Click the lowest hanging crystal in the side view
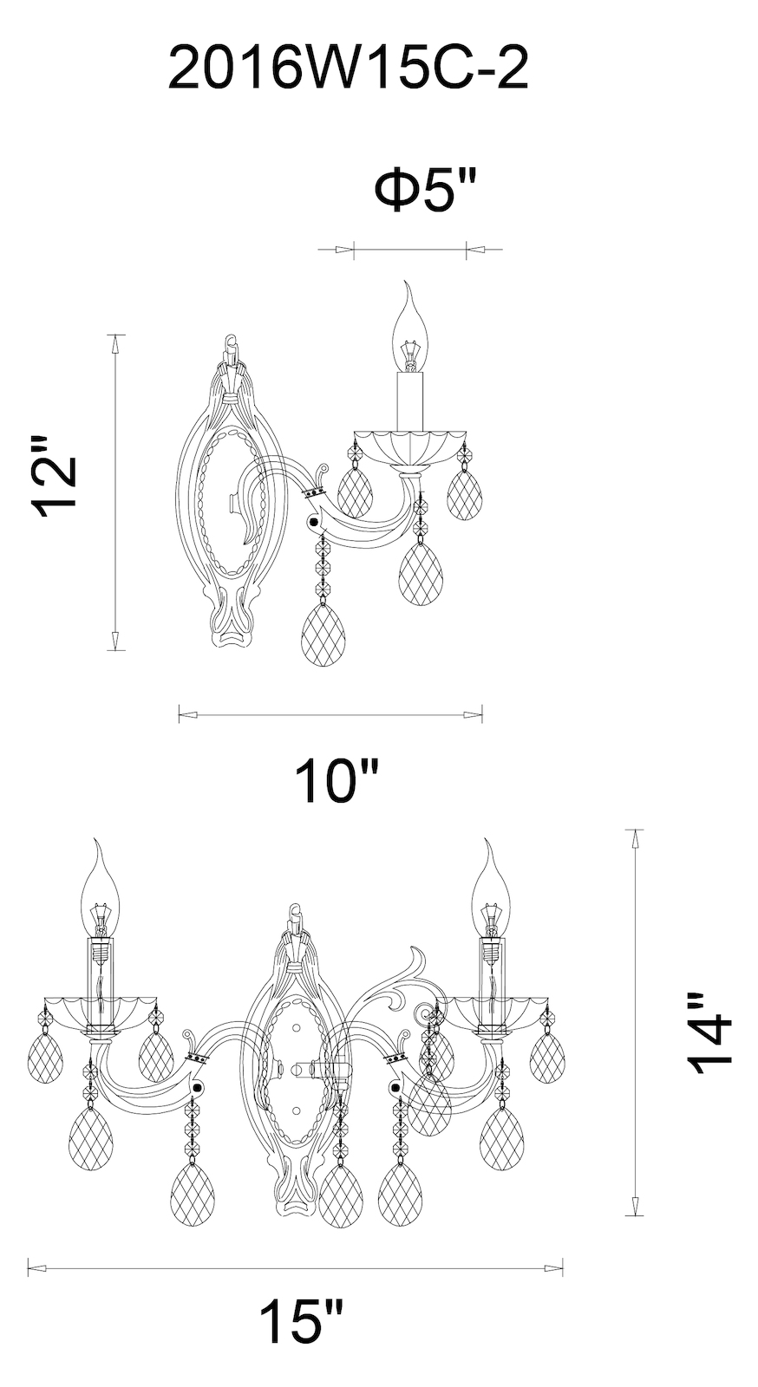(323, 635)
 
